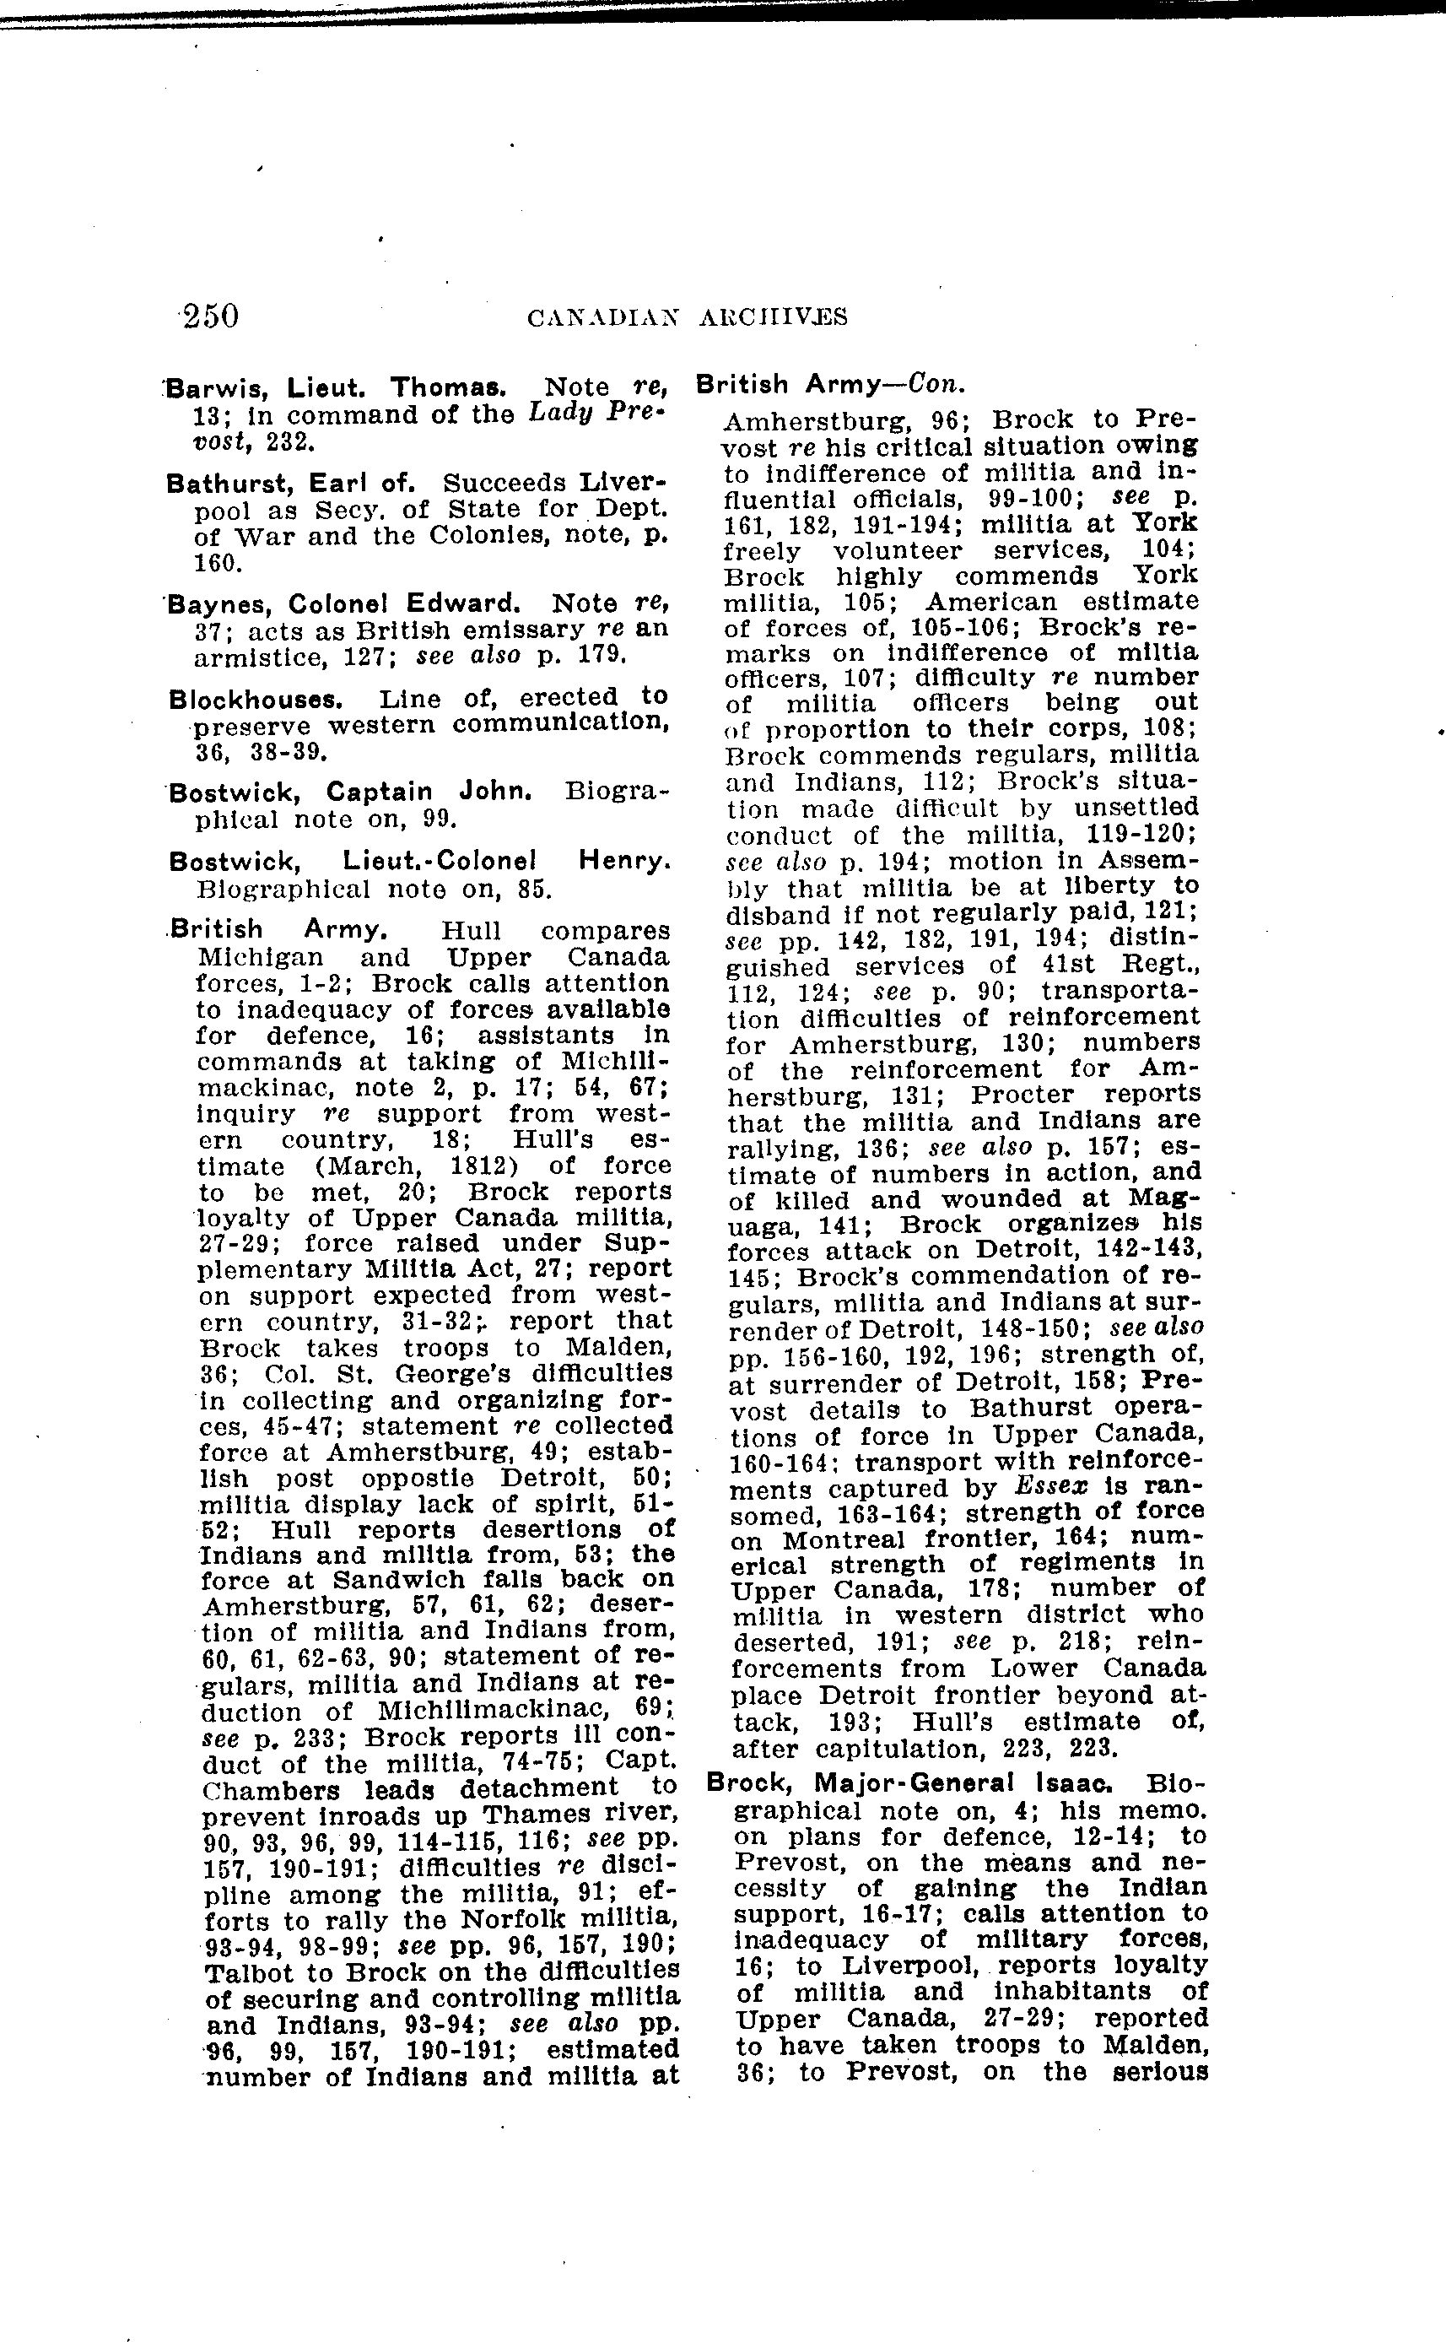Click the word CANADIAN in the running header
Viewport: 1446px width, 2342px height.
(602, 316)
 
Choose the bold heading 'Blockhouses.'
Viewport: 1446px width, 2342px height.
(256, 700)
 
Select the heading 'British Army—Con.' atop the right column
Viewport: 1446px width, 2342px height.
(830, 384)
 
